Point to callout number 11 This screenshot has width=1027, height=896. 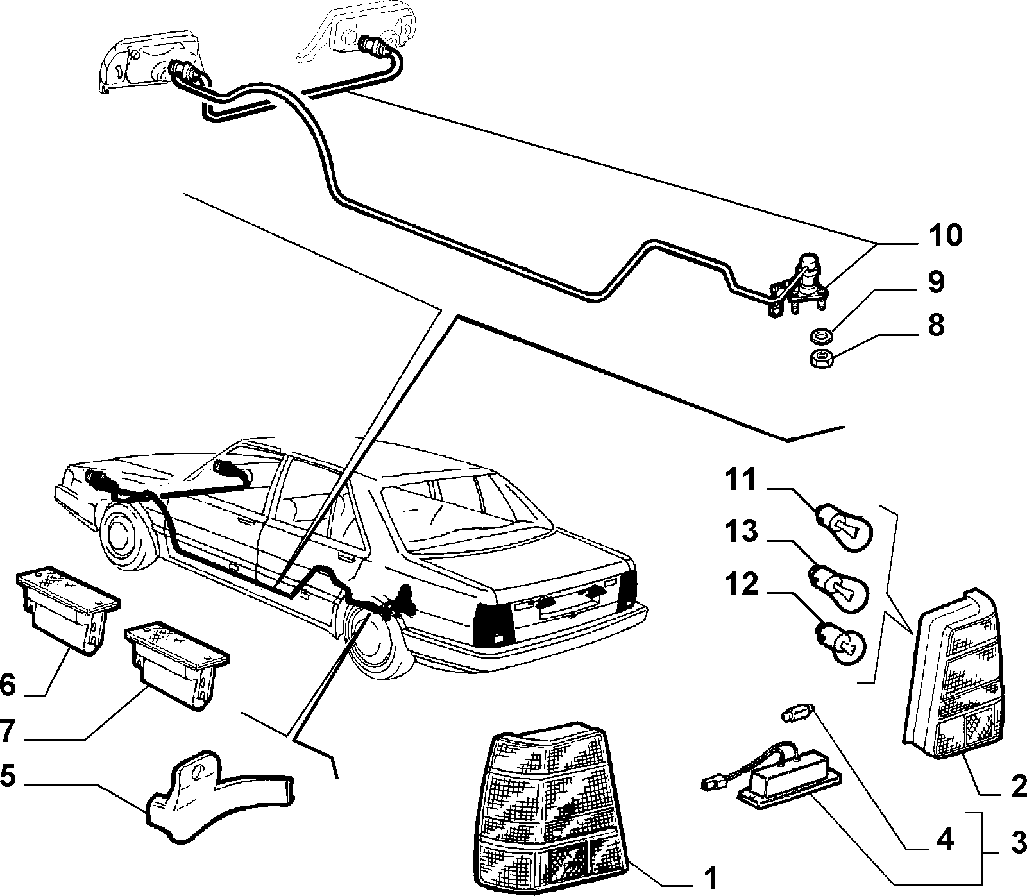click(x=741, y=479)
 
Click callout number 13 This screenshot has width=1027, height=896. click(x=742, y=532)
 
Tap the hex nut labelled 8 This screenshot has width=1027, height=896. click(x=819, y=359)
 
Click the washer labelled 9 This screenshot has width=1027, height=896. click(x=818, y=334)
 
